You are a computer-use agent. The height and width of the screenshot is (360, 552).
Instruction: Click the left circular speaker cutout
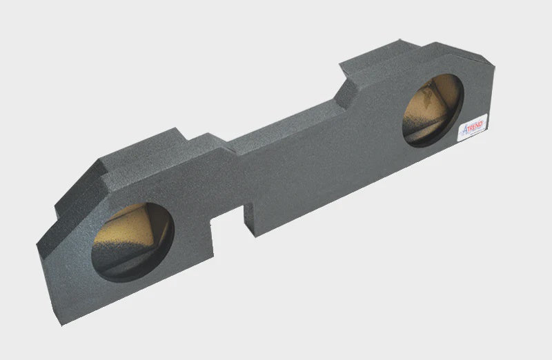coord(132,242)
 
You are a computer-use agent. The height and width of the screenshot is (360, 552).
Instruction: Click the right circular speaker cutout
coord(433,110)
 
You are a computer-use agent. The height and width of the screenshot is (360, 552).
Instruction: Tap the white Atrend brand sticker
coord(473,128)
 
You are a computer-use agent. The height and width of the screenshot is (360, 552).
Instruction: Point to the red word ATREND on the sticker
coord(473,124)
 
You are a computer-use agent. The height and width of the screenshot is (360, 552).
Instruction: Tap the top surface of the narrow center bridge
coord(276,128)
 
